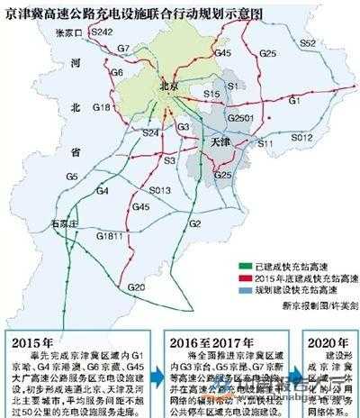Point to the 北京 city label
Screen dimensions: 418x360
pos(165,86)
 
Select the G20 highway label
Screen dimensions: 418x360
pos(135,286)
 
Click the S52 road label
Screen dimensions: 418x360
pos(307,43)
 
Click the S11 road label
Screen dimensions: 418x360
pos(264,143)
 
